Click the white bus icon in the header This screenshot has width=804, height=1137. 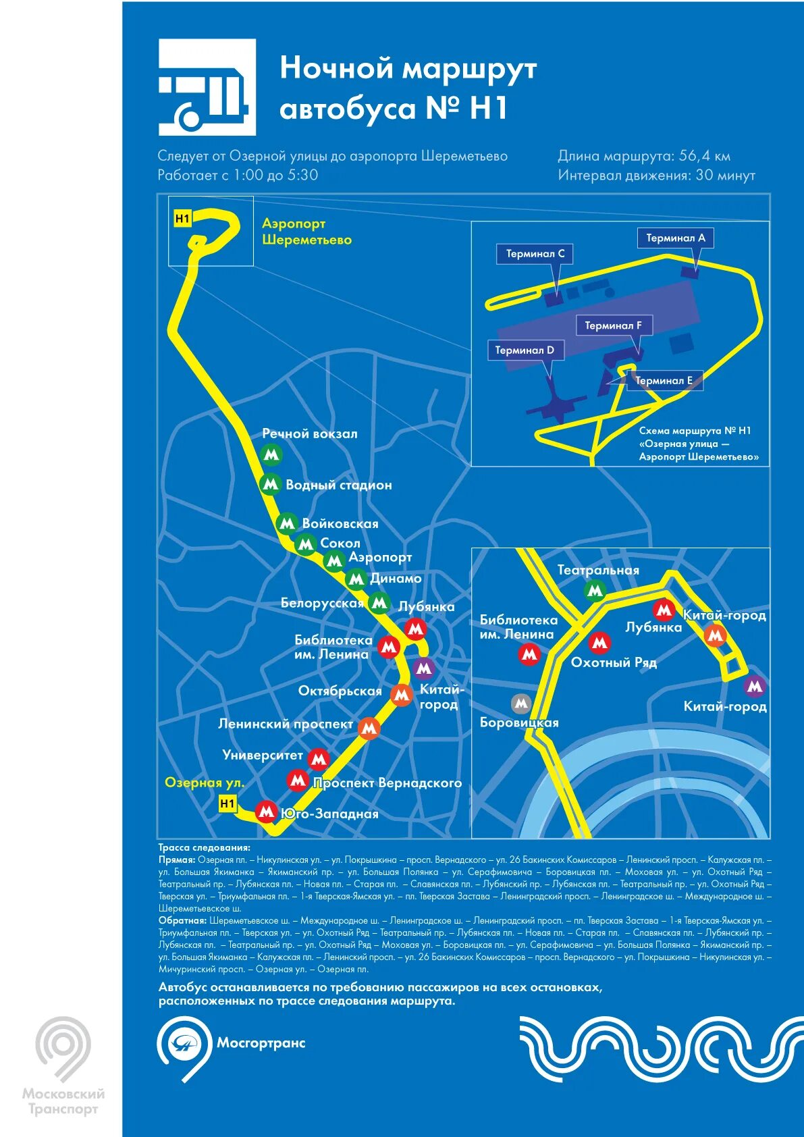coord(207,87)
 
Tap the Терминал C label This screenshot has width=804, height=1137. coord(535,254)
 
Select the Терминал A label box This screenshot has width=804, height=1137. coord(675,238)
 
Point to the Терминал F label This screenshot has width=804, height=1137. coord(613,325)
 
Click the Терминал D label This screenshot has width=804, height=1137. coord(524,350)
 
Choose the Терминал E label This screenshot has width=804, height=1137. coord(664,381)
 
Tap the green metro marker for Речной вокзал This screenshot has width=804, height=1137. coord(271,454)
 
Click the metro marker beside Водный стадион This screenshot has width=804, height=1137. coord(271,484)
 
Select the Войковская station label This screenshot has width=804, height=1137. coord(340,523)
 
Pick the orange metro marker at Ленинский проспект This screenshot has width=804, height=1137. coord(369,728)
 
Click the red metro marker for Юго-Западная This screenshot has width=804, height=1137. coord(267,811)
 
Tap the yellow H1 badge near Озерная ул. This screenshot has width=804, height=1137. coord(227,803)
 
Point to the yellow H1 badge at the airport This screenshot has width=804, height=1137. coord(182,218)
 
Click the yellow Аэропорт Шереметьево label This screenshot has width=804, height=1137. coord(306,232)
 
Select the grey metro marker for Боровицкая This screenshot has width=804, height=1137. coord(520,704)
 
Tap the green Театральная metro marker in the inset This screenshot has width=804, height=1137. coord(595,591)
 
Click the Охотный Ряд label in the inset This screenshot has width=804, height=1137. coord(613,662)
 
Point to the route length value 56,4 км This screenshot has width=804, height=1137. coord(704,156)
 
